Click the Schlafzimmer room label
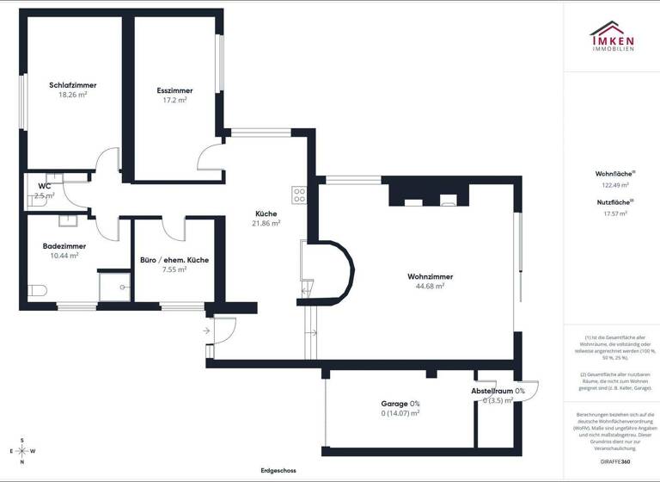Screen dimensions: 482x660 point(72,85)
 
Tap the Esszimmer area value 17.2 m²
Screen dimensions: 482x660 point(174,100)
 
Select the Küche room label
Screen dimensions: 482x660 point(266,213)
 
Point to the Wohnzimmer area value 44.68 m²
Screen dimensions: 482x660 point(430,286)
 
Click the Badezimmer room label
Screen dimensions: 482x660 point(64,245)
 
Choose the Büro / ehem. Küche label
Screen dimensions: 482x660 point(174,259)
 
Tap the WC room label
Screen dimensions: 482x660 point(44,186)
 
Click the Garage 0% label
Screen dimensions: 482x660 point(400,403)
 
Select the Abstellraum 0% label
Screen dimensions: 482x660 point(498,391)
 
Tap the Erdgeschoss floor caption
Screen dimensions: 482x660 point(278,471)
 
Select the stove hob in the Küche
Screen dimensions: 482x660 point(299,195)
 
